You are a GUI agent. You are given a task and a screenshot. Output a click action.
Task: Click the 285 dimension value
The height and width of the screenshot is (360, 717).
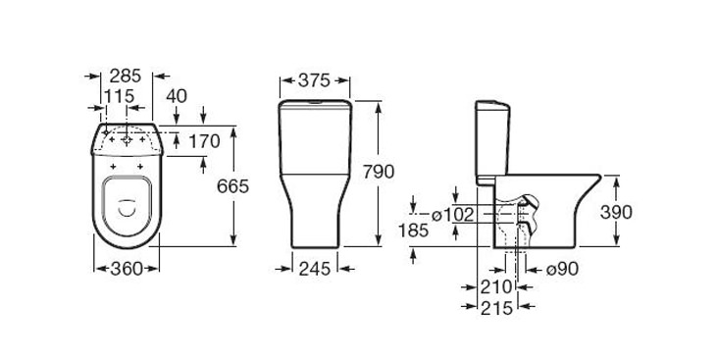pyautogui.click(x=126, y=76)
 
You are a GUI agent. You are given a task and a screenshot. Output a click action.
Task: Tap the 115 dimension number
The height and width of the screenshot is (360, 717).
pyautogui.click(x=119, y=96)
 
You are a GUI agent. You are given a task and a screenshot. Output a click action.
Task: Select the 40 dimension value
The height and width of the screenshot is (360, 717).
pyautogui.click(x=177, y=96)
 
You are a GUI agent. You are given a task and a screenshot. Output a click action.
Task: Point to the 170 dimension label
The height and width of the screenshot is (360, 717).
pyautogui.click(x=204, y=142)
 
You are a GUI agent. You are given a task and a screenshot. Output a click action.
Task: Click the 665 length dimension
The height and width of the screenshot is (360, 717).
pyautogui.click(x=232, y=186)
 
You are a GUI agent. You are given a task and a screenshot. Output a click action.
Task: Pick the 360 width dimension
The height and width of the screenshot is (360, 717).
pyautogui.click(x=127, y=269)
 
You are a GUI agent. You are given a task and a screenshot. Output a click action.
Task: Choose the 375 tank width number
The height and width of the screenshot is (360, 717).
pyautogui.click(x=314, y=80)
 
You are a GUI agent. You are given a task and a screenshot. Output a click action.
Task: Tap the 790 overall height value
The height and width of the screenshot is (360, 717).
pyautogui.click(x=379, y=172)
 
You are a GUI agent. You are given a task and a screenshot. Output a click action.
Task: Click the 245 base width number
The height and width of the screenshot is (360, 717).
pyautogui.click(x=315, y=269)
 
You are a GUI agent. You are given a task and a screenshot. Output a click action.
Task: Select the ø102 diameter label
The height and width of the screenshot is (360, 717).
pyautogui.click(x=453, y=214)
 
